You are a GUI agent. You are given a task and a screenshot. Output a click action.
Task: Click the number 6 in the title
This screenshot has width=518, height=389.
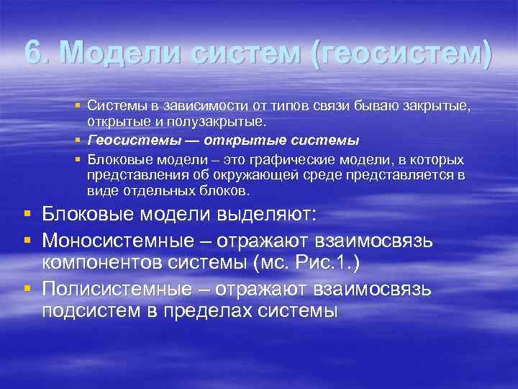coord(33,53)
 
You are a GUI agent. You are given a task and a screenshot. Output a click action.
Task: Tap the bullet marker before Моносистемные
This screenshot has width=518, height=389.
coord(27,238)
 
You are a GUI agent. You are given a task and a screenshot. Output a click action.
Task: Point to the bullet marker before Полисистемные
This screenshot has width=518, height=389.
coord(27,288)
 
